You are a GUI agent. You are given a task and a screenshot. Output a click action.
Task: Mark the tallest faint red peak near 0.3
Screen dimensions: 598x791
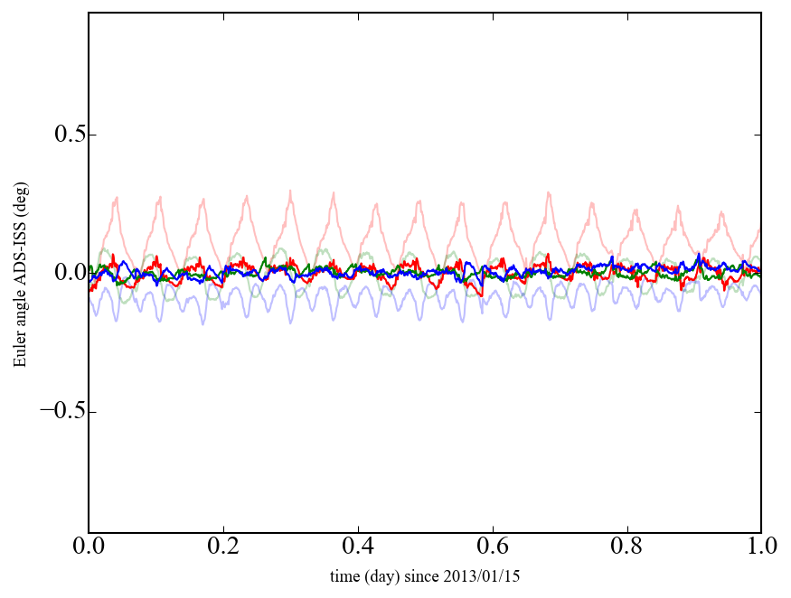[x=290, y=190]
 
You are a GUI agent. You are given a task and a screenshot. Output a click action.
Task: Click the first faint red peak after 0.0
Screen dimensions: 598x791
[x=116, y=197]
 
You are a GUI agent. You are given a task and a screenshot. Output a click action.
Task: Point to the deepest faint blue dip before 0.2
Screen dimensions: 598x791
[x=202, y=323]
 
